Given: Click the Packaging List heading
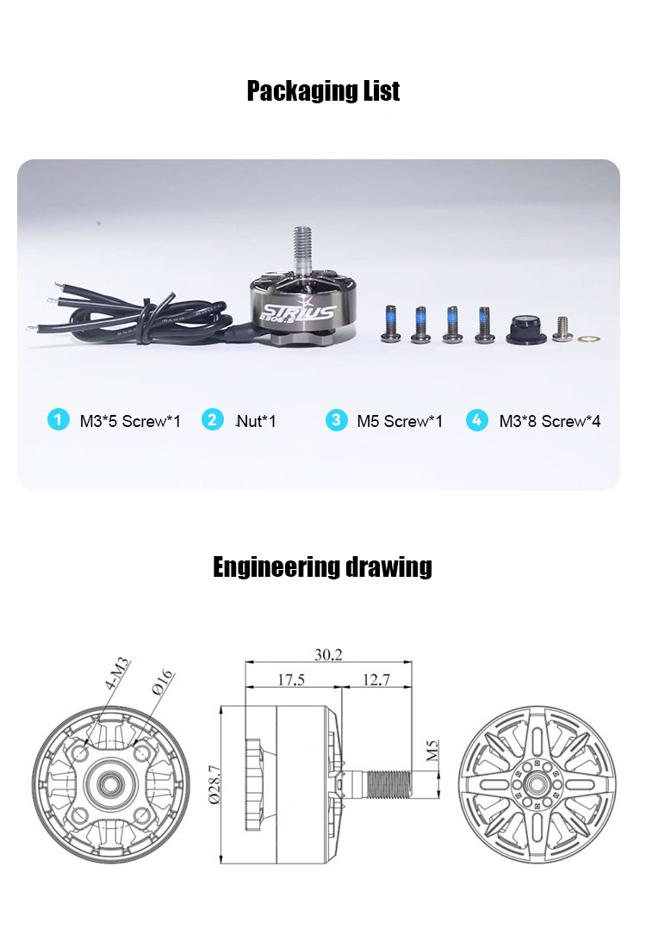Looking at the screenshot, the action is coord(323,91).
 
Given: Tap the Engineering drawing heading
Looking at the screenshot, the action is coord(322,567).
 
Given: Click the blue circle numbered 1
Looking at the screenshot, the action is coord(58,419).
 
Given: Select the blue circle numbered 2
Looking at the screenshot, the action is coord(212,419).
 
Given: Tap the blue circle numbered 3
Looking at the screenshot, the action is coord(336,420).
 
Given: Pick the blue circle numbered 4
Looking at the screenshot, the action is coord(477,420).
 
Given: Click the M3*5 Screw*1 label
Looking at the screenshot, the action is coord(130,421).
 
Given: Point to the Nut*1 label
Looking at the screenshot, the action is coord(256,421).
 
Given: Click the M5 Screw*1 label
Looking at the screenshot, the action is coord(400,421).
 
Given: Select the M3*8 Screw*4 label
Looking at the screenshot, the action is coord(550,421).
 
